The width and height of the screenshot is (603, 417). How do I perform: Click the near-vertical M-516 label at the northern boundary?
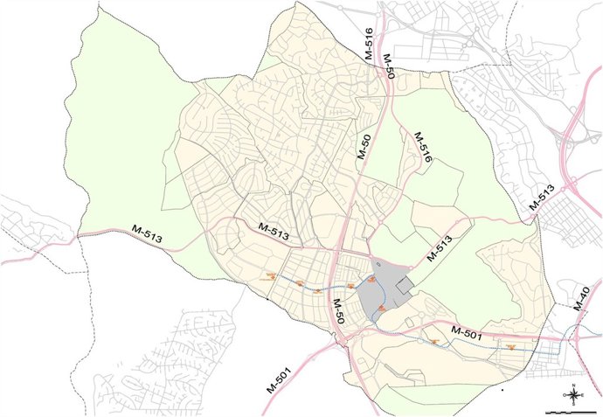click(x=369, y=44)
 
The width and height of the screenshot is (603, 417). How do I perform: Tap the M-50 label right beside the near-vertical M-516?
click(x=389, y=66)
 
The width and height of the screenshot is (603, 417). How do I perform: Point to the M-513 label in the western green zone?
click(x=148, y=233)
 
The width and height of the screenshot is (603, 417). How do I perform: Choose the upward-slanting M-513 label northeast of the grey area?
click(x=440, y=250)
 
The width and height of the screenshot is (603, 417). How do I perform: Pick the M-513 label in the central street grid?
click(x=274, y=231)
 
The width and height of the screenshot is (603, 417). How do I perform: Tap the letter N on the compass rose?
click(x=572, y=386)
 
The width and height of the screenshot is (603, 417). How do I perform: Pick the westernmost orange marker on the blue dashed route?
click(x=271, y=276)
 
